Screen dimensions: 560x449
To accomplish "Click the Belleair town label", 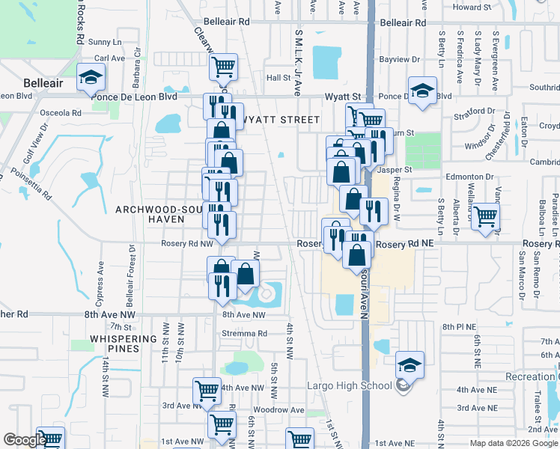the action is coord(43,83).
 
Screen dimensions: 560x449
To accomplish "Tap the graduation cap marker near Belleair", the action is coord(91,76).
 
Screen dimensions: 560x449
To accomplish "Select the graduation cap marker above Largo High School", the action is coord(409,364).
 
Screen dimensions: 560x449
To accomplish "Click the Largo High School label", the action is coord(350,386).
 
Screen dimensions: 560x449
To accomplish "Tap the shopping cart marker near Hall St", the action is coord(223,67).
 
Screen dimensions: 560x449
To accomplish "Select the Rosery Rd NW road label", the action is coord(187,243).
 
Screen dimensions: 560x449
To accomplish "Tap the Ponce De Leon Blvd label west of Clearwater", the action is coord(133,97).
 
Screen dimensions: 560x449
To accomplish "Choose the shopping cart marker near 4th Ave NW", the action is coord(207,390).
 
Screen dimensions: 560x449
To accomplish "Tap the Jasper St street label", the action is coord(395,170).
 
